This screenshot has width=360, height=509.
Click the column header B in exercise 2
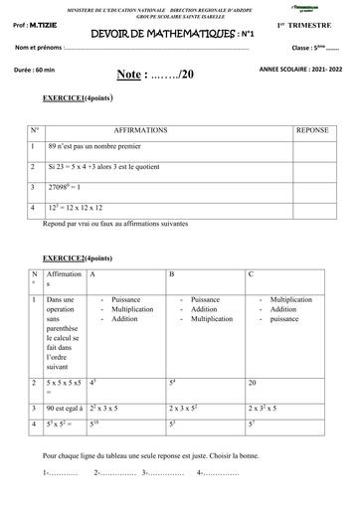(172, 273)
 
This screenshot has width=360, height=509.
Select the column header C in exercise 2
(251, 273)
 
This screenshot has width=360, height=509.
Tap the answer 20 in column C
(253, 382)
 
